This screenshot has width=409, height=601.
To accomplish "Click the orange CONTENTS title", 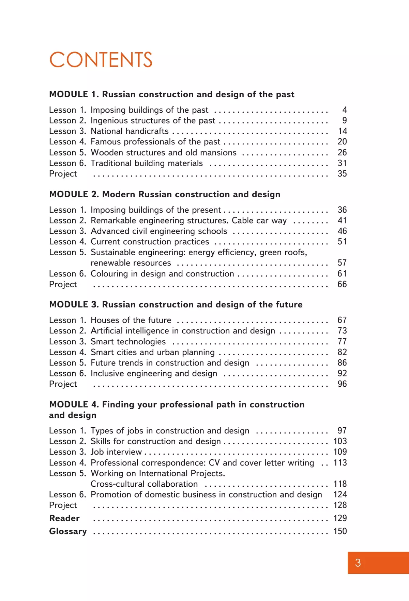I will point(101,60).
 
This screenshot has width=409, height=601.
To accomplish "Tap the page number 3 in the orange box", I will point(358,563).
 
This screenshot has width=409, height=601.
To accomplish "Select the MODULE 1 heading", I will point(172,94).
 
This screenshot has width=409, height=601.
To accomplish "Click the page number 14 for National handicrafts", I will point(342,131).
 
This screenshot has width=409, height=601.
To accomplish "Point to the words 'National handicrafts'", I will point(130,131).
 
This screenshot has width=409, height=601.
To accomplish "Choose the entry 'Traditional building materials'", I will point(147,163).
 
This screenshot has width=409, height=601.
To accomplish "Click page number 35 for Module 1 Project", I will point(342,174).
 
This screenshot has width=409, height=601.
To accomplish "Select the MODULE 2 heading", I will point(165,194).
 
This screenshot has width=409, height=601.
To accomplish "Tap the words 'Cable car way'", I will point(259,220).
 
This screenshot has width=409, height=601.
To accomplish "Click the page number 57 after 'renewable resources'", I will point(342,263).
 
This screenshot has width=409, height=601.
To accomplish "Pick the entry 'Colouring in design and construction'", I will point(162,274).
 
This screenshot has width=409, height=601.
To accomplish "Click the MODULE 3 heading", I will point(176,304).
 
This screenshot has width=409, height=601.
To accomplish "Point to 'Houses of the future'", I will point(131,320).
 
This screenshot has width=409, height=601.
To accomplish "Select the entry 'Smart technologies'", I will point(128,342).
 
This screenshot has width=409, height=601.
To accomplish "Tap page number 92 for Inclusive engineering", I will point(342,373).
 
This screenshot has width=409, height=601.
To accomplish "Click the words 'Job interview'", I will point(116,452).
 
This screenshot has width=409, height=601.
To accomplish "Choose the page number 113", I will point(340,463).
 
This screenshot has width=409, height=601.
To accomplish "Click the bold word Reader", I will point(64,518).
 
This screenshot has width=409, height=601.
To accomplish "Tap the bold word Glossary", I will point(68,531).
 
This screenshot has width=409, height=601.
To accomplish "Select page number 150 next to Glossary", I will point(340,531).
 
